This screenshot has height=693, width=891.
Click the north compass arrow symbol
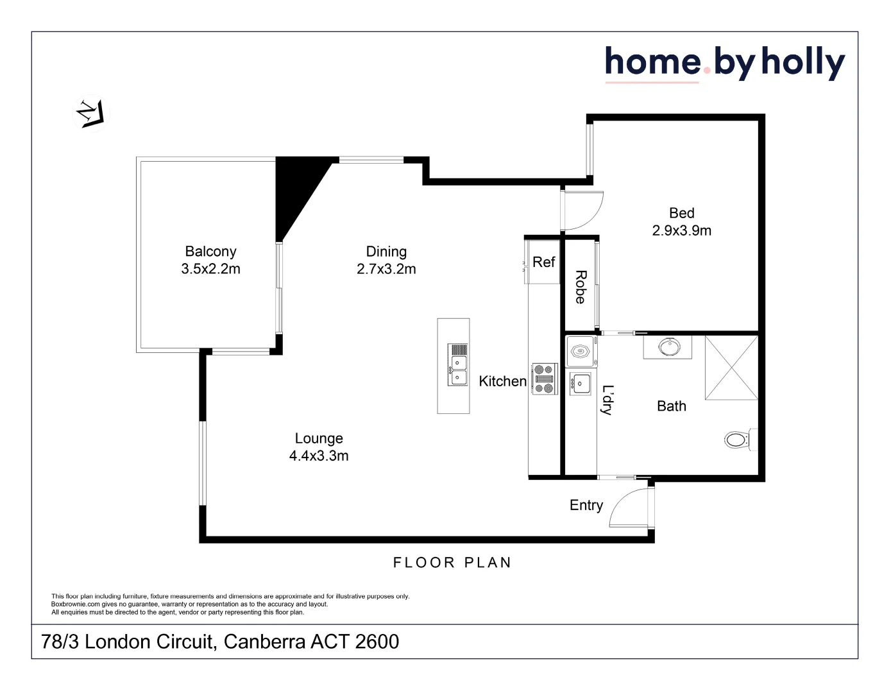[90, 114]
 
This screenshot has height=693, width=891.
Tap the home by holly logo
[724, 64]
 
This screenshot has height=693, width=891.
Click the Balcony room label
[210, 252]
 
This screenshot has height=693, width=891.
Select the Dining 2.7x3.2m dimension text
[386, 269]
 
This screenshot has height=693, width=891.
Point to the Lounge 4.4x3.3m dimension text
[319, 456]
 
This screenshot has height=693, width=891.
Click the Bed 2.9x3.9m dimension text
[681, 231]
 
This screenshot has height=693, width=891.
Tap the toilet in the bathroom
[738, 440]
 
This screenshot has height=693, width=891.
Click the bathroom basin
[668, 347]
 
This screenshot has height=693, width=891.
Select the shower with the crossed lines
[731, 368]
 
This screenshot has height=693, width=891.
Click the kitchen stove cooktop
[544, 379]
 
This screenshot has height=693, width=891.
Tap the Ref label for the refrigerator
[543, 262]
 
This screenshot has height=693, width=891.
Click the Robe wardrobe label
[581, 287]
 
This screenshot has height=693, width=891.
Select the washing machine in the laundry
[581, 352]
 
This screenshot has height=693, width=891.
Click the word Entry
[586, 506]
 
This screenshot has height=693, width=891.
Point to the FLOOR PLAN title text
[452, 563]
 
